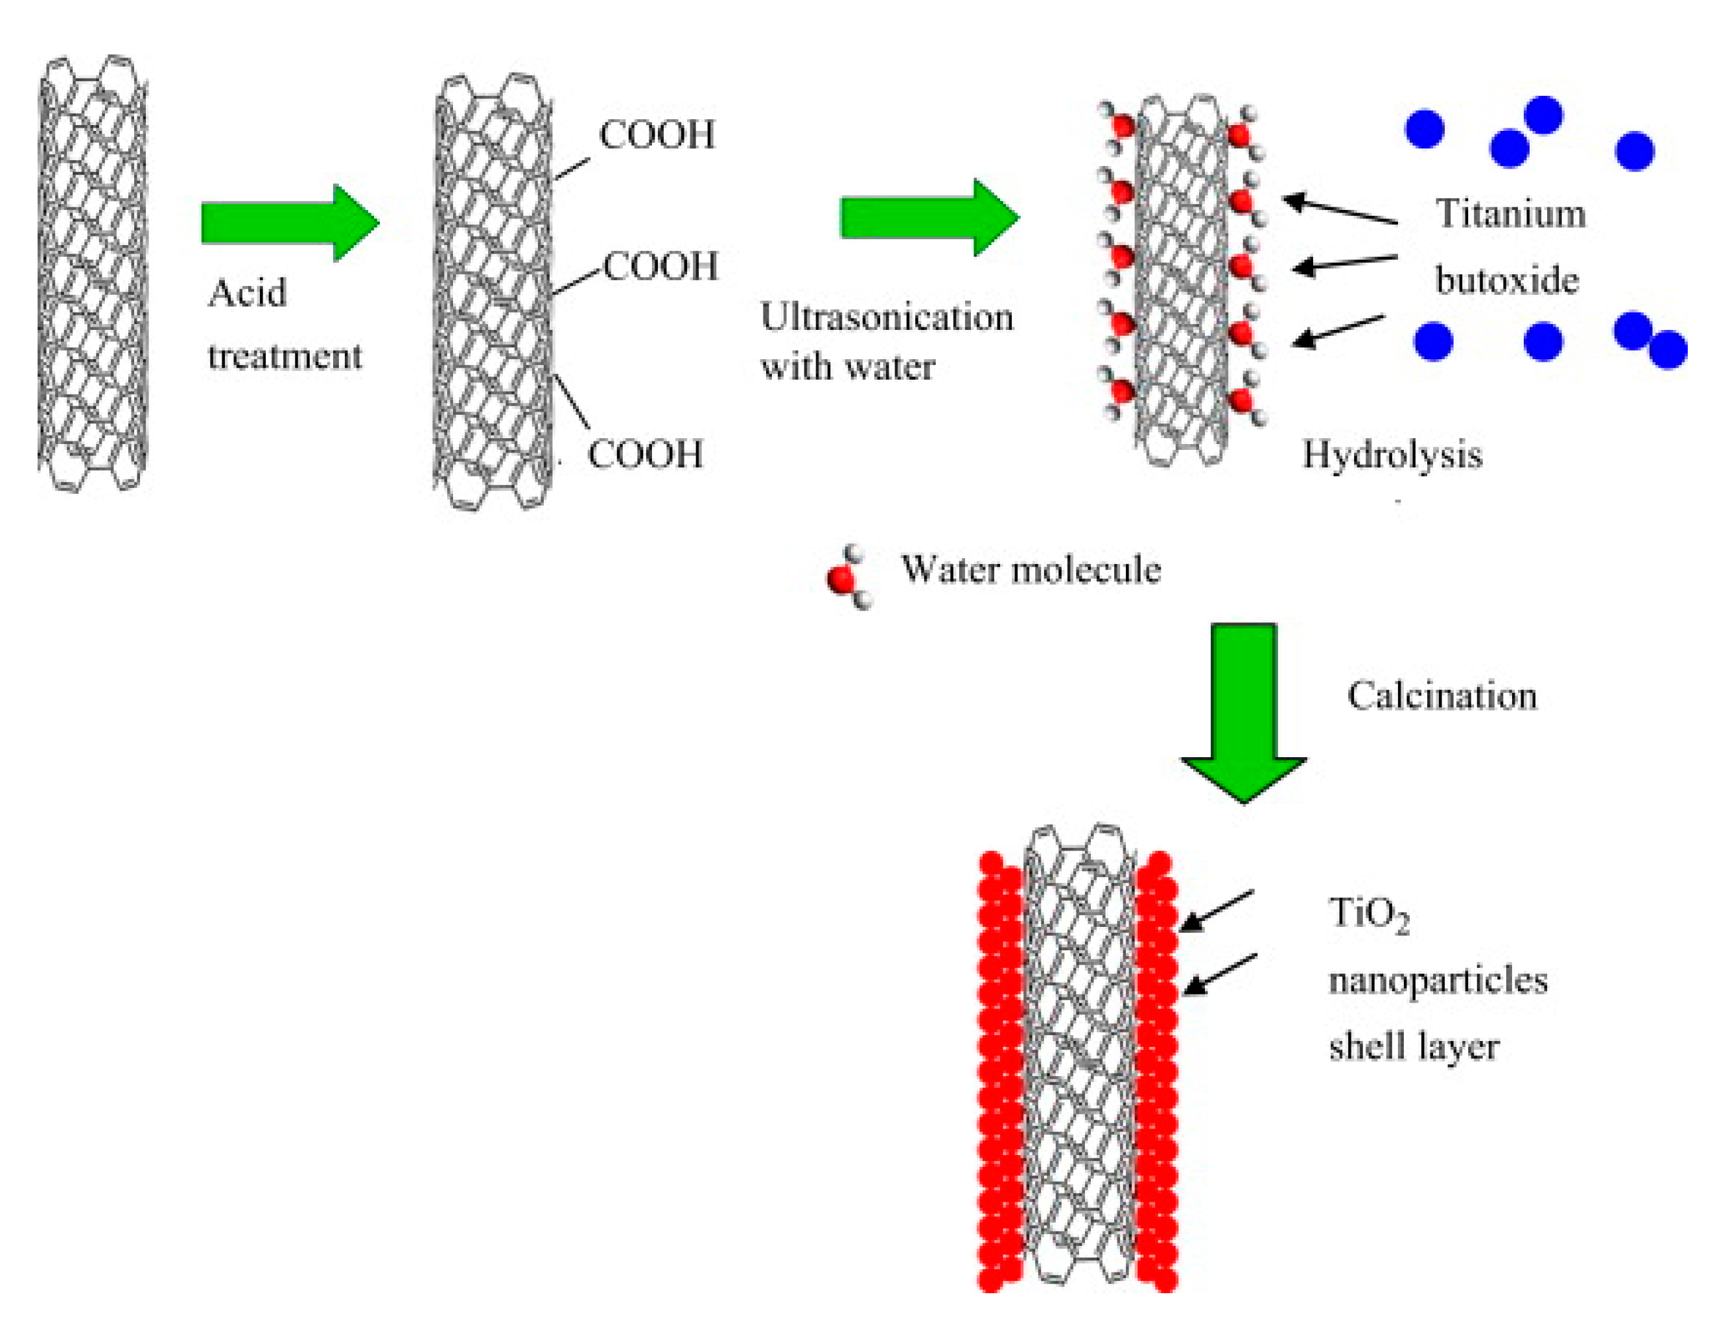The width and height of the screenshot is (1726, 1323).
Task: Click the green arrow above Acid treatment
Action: (287, 223)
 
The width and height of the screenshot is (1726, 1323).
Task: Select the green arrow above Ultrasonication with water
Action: (927, 217)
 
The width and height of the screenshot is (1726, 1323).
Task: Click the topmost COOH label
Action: (657, 135)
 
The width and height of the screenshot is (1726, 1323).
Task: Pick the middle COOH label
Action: (660, 267)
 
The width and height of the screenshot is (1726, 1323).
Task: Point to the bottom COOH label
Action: (645, 454)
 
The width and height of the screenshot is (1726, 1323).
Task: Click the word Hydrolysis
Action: (1392, 454)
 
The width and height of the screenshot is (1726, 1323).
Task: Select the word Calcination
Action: (1441, 696)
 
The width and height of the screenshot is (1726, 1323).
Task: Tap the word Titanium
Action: (1510, 213)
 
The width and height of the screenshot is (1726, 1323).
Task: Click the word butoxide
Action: (1506, 280)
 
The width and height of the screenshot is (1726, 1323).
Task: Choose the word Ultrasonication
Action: (887, 318)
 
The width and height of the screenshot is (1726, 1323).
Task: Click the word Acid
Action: (246, 294)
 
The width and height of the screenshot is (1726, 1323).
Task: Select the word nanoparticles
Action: (1438, 981)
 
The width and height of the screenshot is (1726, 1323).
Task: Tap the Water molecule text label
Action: (1030, 569)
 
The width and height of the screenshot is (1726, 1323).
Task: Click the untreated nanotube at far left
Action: (93, 274)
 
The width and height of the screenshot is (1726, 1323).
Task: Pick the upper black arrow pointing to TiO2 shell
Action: (1217, 911)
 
